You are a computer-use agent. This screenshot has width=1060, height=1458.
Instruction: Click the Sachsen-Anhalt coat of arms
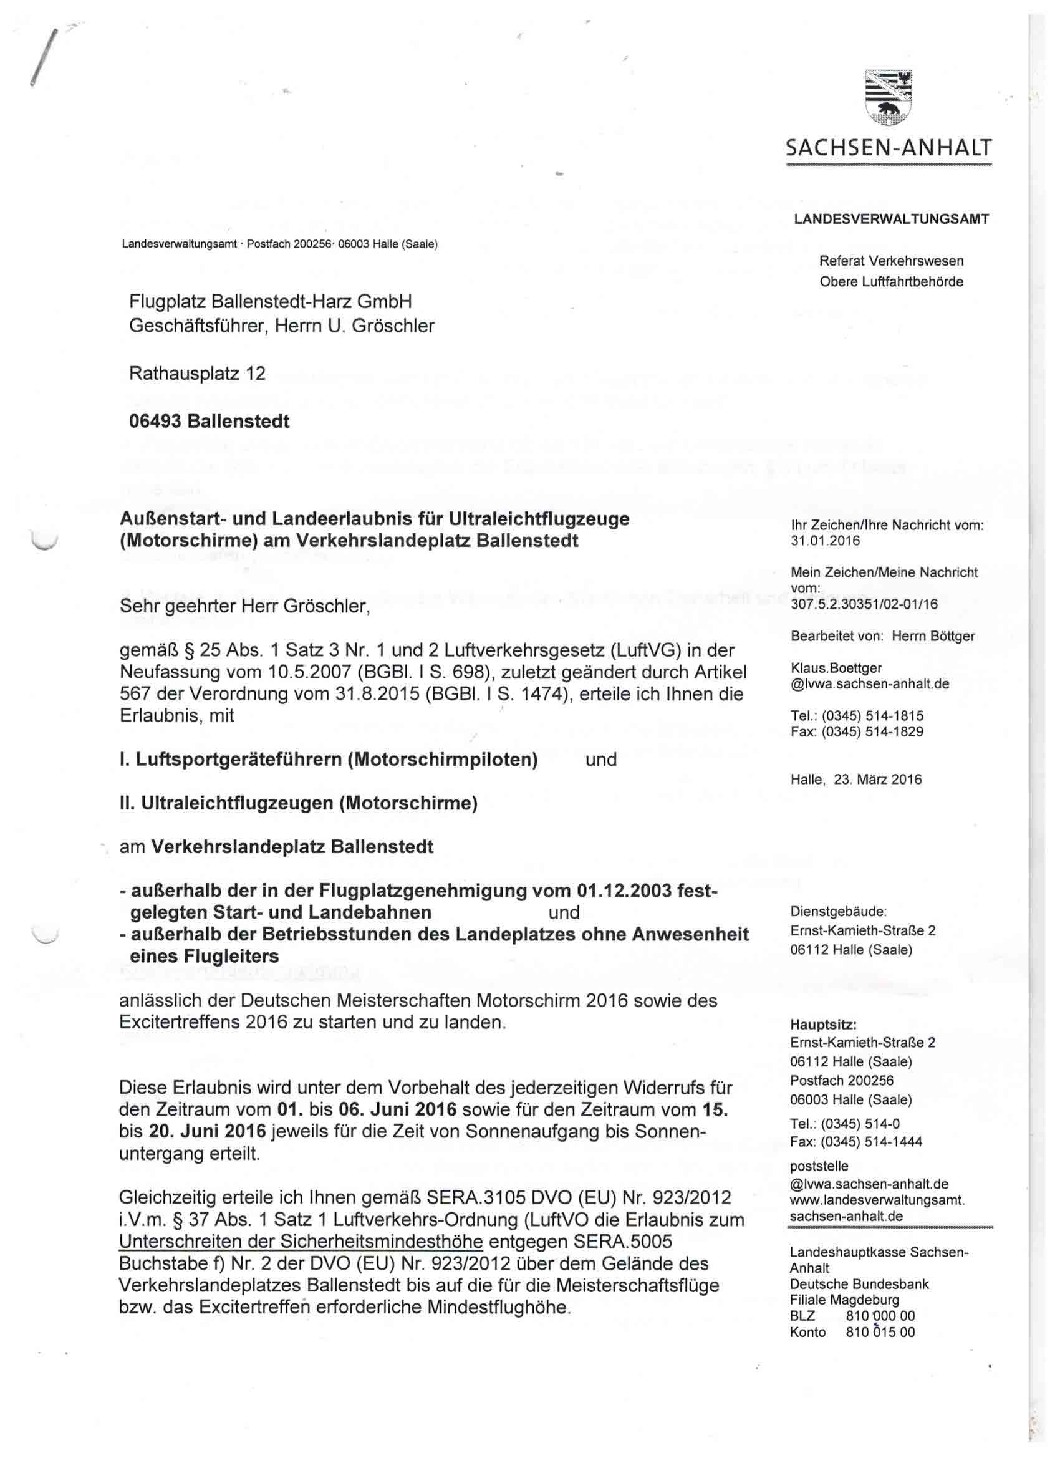click(889, 97)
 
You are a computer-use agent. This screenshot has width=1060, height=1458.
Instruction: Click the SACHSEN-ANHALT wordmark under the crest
click(889, 149)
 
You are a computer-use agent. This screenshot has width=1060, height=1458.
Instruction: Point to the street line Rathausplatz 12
click(197, 374)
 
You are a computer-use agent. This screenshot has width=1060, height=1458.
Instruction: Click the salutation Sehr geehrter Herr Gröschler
click(244, 606)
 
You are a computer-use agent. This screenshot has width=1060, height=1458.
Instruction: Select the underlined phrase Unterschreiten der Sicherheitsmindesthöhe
click(300, 1242)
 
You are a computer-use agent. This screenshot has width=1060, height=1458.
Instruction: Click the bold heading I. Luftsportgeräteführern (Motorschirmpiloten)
click(329, 760)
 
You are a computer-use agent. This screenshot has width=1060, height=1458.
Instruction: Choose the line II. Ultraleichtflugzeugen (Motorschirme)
click(298, 804)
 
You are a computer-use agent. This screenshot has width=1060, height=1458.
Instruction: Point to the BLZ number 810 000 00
click(880, 1316)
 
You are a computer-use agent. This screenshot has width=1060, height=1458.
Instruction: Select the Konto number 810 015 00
click(880, 1332)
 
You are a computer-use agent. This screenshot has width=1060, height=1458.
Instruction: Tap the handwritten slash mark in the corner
click(44, 58)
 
